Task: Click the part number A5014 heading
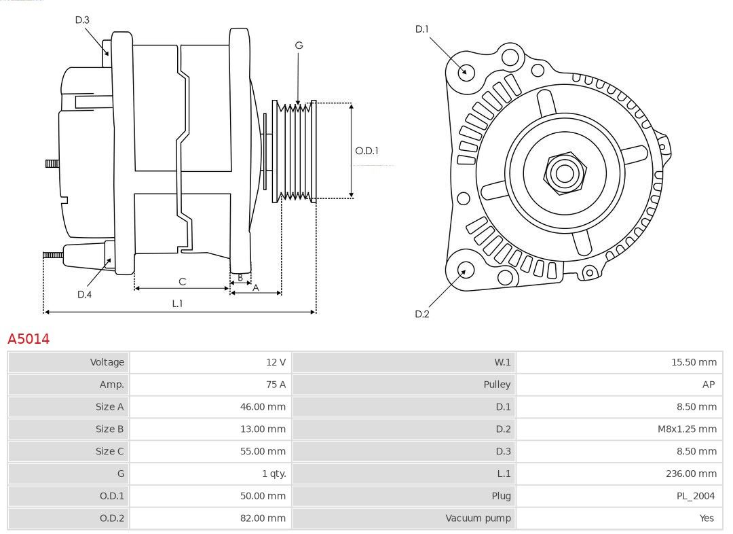click(x=29, y=338)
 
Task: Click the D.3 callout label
click(x=82, y=20)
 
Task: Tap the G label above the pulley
click(x=299, y=46)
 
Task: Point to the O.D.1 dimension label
click(x=367, y=151)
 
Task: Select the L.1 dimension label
click(x=177, y=303)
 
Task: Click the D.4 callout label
click(x=84, y=294)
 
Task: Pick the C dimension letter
click(x=183, y=282)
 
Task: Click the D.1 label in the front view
click(x=421, y=29)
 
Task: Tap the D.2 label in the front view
click(x=421, y=314)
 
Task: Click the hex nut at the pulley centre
click(x=565, y=173)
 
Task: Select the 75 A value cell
click(x=276, y=385)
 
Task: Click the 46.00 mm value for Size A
click(x=263, y=407)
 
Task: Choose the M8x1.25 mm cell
click(x=687, y=429)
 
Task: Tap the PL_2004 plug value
click(x=696, y=496)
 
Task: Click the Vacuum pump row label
click(x=478, y=518)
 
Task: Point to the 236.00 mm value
click(x=691, y=474)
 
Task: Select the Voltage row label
click(x=107, y=361)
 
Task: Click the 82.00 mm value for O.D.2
click(x=263, y=518)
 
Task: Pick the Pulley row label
click(x=497, y=385)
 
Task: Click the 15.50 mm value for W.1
click(x=694, y=361)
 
